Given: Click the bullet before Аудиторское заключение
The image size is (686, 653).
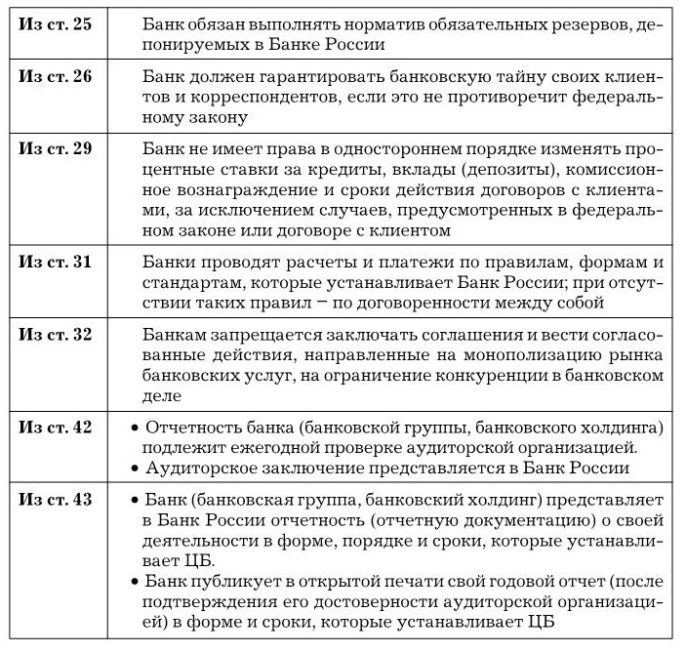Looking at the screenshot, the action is [x=135, y=469].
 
